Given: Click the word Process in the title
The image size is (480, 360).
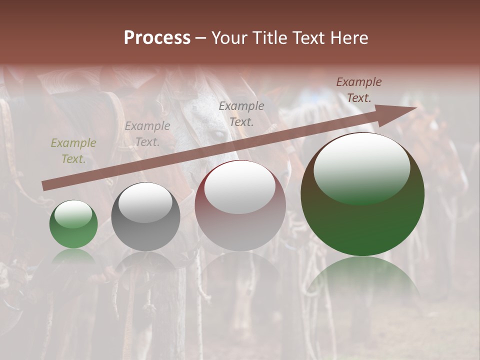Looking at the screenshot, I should click(x=157, y=38).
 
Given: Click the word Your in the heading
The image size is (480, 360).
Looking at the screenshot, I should click(x=229, y=38).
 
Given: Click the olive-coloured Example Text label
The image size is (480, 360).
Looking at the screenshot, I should click(x=73, y=151).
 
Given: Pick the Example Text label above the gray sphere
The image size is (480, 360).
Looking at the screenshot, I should click(x=147, y=134).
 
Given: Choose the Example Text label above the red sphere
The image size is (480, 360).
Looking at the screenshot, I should click(x=241, y=113).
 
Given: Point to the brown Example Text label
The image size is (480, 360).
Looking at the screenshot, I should click(x=358, y=90).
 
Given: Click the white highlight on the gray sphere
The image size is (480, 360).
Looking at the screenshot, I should click(x=145, y=202).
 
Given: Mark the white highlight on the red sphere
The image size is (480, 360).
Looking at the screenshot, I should click(x=240, y=186).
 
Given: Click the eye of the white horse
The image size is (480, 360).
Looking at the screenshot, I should click(x=216, y=134).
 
